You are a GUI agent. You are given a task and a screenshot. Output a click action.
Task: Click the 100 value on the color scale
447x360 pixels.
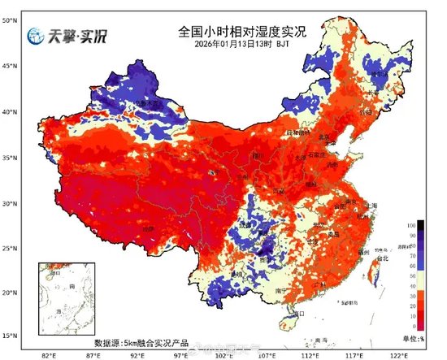tap(422, 223)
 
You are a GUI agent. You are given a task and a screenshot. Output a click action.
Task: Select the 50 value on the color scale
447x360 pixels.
tap(422, 275)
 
